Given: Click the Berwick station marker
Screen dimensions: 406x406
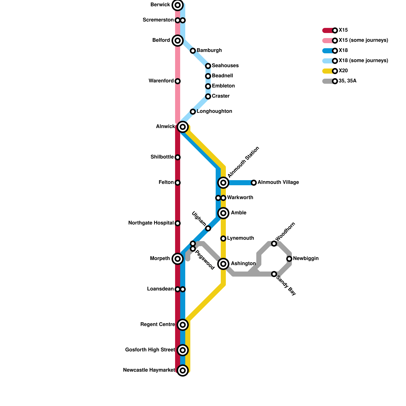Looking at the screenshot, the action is pyautogui.click(x=178, y=5).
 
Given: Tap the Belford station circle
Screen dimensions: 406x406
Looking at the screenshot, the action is pyautogui.click(x=178, y=41).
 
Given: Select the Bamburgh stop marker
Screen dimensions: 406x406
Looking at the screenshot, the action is pyautogui.click(x=193, y=51).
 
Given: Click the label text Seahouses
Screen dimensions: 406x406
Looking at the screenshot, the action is pyautogui.click(x=225, y=66).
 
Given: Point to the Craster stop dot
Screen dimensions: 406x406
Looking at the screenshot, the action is pyautogui.click(x=208, y=96).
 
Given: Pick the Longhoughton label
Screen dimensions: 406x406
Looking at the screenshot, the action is pyautogui.click(x=214, y=111).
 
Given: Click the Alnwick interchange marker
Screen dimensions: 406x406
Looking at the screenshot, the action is pyautogui.click(x=183, y=127).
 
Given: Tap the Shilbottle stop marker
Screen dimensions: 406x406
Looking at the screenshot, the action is pyautogui.click(x=178, y=157).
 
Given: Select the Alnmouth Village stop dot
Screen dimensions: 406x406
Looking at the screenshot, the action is pyautogui.click(x=254, y=183).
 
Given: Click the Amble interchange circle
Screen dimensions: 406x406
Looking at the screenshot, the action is pyautogui.click(x=223, y=213).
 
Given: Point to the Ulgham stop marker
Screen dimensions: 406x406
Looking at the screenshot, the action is pyautogui.click(x=208, y=228).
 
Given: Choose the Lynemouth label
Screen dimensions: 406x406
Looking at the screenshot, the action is pyautogui.click(x=240, y=238).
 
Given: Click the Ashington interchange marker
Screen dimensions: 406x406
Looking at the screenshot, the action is pyautogui.click(x=223, y=264).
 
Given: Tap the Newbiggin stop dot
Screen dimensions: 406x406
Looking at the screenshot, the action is pyautogui.click(x=289, y=259).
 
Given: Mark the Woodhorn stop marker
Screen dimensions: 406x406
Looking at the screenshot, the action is pyautogui.click(x=274, y=244).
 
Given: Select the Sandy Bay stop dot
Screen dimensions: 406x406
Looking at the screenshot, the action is pyautogui.click(x=274, y=274).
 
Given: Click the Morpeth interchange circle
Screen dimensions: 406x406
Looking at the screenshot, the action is pyautogui.click(x=178, y=259).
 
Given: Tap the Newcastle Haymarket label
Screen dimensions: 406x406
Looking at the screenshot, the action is pyautogui.click(x=149, y=370).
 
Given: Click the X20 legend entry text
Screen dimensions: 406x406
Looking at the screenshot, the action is pyautogui.click(x=343, y=71).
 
